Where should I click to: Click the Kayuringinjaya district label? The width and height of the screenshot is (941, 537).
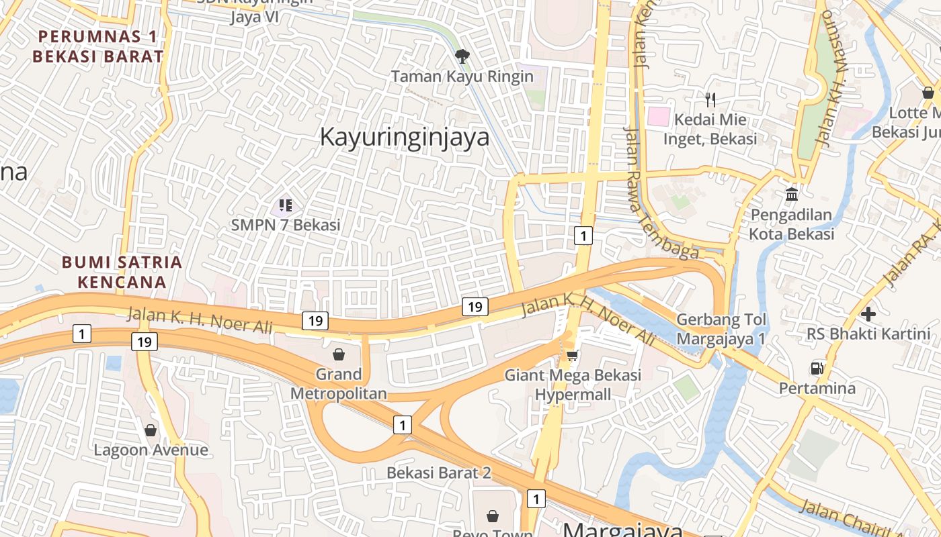[404, 137]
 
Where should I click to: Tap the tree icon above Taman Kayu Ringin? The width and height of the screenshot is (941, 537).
[462, 56]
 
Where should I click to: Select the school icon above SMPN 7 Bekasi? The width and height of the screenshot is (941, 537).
[285, 205]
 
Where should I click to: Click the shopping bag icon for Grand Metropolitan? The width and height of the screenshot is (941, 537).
[339, 354]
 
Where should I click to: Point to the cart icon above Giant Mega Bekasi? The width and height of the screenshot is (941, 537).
[572, 355]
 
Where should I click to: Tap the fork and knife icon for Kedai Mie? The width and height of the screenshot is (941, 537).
[710, 100]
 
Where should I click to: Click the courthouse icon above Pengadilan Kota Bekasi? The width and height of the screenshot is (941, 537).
[792, 195]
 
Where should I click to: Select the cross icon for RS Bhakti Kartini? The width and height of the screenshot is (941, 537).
[868, 313]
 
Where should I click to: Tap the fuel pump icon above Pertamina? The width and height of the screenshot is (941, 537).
[817, 368]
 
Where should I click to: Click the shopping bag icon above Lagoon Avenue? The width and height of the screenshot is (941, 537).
[151, 430]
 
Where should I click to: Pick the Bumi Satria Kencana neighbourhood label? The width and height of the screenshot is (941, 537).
[122, 272]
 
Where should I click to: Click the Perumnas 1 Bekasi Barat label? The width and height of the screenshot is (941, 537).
[98, 46]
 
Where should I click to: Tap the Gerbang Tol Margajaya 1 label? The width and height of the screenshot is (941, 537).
[721, 329]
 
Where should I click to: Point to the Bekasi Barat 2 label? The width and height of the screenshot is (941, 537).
[438, 473]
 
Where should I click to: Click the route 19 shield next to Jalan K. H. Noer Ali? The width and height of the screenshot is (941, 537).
[315, 321]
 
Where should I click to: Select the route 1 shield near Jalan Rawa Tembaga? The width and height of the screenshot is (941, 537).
[583, 236]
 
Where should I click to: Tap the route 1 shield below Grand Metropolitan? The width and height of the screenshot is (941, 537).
[402, 424]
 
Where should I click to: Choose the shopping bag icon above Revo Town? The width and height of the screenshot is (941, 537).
[493, 516]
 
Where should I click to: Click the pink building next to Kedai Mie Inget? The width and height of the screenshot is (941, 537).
[659, 116]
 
